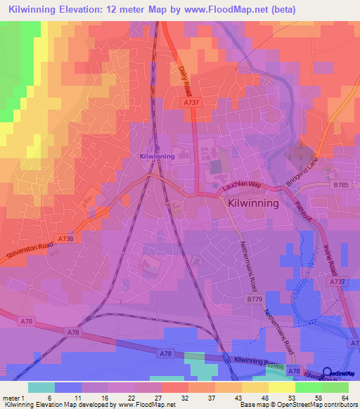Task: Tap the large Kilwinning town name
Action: [254, 202]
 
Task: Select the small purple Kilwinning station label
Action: [157, 156]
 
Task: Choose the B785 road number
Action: [341, 185]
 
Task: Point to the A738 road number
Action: [65, 240]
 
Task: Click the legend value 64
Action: [345, 398]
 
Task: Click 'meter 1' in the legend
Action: [13, 398]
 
